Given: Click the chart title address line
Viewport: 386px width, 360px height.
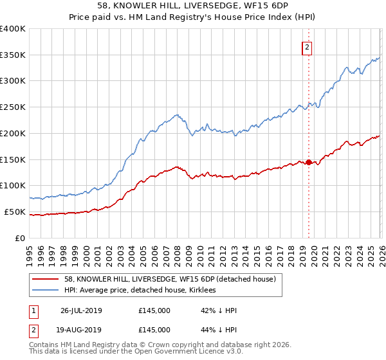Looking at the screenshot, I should pyautogui.click(x=192, y=7).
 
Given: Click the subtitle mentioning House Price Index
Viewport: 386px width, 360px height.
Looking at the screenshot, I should pyautogui.click(x=192, y=19).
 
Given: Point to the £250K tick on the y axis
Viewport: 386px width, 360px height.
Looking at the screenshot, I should pyautogui.click(x=13, y=107).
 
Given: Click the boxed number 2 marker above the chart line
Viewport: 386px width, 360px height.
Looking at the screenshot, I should pyautogui.click(x=308, y=47).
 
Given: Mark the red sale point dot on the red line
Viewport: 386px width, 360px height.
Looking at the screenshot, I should pyautogui.click(x=308, y=162).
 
